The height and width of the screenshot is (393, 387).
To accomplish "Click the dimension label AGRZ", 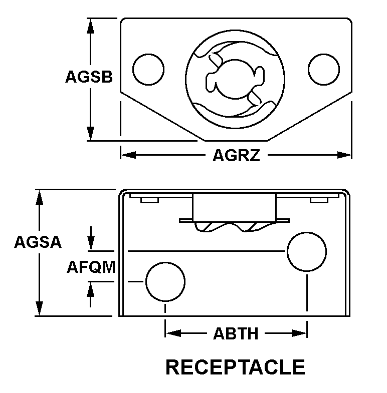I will pos(236,156).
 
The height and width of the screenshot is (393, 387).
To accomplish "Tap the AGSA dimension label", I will pos(38,242).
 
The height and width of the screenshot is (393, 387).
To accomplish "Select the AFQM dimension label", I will pos(91,267).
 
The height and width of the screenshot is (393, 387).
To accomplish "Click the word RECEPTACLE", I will pos(235,367).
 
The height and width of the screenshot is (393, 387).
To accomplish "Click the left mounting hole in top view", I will pos(148,69).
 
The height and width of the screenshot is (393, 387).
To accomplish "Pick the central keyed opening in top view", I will pos(235,79).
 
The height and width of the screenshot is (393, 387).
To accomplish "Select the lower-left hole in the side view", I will pos(165,281).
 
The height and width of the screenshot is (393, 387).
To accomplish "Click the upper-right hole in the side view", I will pos(306,251).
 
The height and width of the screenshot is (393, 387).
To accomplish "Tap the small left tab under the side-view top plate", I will pos(149,200).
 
